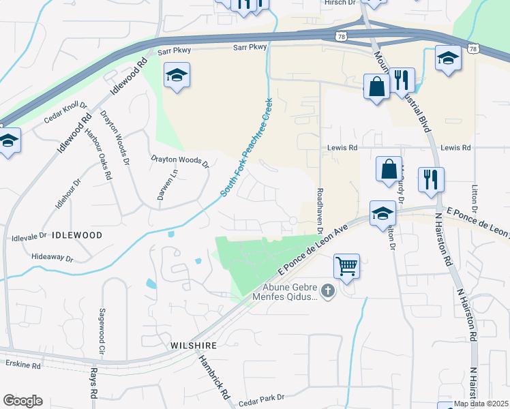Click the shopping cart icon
click(x=346, y=267)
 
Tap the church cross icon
click(x=328, y=292)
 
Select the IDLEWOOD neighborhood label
click(x=76, y=235)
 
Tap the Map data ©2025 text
click(x=481, y=404)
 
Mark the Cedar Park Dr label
click(x=261, y=397)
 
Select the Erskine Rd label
click(x=23, y=365)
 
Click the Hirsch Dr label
click(x=339, y=3)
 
